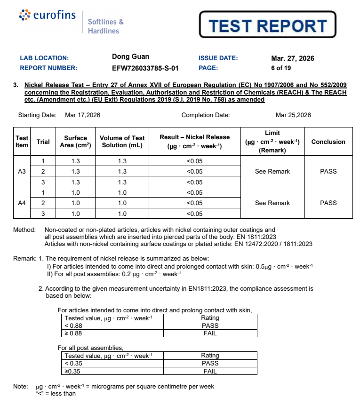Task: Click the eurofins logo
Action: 47,16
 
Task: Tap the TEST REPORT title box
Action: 267,25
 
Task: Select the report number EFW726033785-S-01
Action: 145,68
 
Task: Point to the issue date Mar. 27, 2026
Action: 293,58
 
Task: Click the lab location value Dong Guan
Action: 130,57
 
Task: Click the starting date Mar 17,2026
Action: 82,115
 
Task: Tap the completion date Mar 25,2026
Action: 293,115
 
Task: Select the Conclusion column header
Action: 328,142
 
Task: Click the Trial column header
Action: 43,142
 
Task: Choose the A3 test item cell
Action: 22,171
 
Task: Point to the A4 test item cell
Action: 22,203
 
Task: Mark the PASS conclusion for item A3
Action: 328,171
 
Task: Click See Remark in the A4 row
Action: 272,203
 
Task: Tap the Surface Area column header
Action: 76,142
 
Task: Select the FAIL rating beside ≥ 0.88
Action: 210,333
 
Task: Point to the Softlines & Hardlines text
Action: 105,26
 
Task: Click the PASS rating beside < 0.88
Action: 210,326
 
